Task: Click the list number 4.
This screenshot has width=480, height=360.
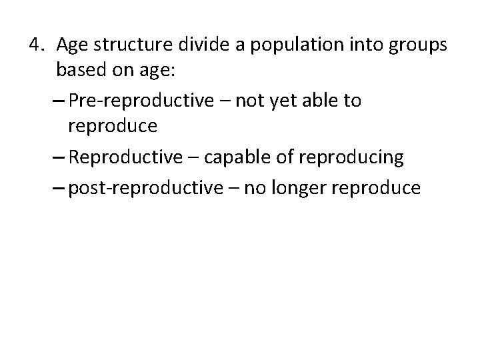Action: pyautogui.click(x=37, y=45)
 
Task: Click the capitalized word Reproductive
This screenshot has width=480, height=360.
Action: pyautogui.click(x=124, y=157)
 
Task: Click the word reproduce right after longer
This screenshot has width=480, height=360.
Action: pyautogui.click(x=380, y=189)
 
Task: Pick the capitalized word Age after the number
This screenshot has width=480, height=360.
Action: pyautogui.click(x=71, y=46)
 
